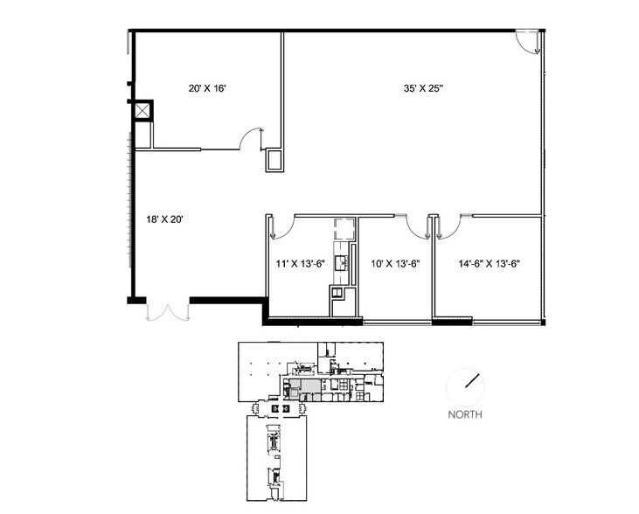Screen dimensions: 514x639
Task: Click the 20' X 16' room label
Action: tap(209, 88)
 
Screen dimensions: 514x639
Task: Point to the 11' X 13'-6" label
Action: tap(297, 261)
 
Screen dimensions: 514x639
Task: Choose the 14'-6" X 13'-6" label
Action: tap(489, 261)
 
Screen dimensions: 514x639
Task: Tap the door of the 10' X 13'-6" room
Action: tap(419, 226)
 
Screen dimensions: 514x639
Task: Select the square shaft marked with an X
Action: tap(141, 111)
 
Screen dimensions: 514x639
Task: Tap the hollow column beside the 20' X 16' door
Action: tap(274, 160)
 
